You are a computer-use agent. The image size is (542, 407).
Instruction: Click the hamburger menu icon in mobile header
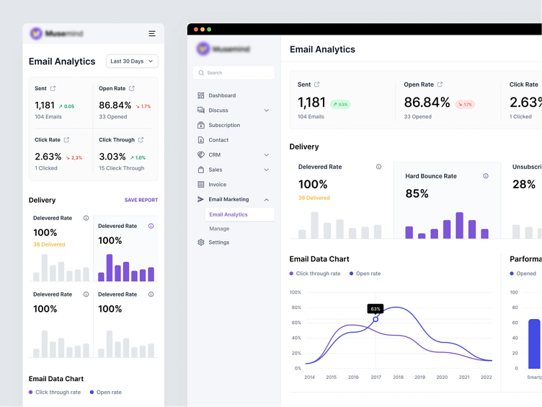[x=152, y=34]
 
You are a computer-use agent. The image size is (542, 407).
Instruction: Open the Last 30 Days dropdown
[x=132, y=61]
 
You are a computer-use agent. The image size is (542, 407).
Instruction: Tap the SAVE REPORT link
[x=141, y=200]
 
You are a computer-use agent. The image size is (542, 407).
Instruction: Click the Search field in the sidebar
[x=234, y=73]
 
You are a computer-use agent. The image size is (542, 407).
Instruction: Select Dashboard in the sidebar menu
[x=222, y=95]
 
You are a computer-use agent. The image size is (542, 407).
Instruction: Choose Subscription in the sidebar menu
[x=224, y=125]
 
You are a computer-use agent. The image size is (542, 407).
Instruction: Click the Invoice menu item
[x=217, y=185]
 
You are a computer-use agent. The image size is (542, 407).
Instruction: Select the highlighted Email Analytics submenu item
[x=228, y=214]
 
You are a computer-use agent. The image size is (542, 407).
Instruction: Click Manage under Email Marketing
[x=219, y=229]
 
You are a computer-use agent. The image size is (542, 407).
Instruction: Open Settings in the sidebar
[x=219, y=242]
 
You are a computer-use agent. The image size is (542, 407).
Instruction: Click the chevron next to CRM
[x=267, y=155]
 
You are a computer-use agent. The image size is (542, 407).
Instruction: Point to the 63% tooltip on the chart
[x=375, y=309]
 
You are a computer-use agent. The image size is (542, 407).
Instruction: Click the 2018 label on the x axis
[x=398, y=377]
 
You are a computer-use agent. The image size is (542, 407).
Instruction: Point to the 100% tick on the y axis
[x=296, y=292]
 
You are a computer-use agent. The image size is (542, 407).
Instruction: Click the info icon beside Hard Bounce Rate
[x=486, y=176]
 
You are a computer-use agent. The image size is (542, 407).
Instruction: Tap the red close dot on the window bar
[x=196, y=30]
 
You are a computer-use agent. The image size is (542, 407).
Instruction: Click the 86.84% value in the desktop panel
[x=427, y=102]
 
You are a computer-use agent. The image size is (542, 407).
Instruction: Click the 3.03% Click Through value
[x=112, y=157]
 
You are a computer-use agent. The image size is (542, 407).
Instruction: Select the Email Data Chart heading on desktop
[x=319, y=259]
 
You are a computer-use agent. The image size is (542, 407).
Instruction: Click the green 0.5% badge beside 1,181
[x=340, y=104]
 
